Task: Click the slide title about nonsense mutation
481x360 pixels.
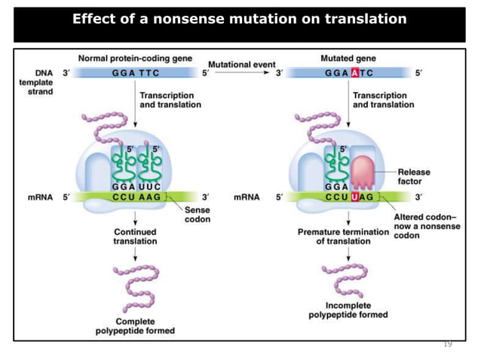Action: [x=240, y=19]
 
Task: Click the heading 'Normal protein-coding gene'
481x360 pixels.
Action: [x=135, y=58]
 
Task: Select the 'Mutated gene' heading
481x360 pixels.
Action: [x=348, y=58]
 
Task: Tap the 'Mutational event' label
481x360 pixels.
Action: [x=241, y=65]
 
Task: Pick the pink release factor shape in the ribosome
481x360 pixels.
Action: [x=362, y=172]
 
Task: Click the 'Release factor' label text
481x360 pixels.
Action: [x=414, y=177]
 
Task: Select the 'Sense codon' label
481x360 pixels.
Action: [x=198, y=215]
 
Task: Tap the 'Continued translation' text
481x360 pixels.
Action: [x=136, y=236]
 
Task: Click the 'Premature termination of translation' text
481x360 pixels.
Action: [x=343, y=236]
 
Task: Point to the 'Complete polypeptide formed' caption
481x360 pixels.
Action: [x=135, y=325]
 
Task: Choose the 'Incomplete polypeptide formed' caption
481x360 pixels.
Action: [x=348, y=310]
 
